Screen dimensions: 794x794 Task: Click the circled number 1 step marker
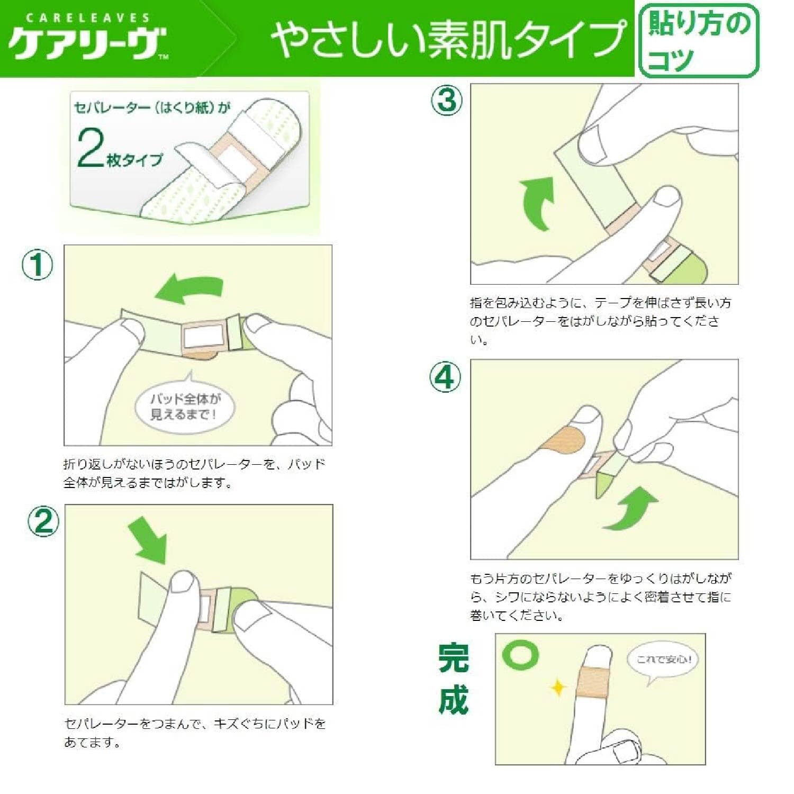pyautogui.click(x=38, y=265)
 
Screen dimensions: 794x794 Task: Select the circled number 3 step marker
pyautogui.click(x=447, y=101)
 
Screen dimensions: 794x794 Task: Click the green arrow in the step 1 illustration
pyautogui.click(x=189, y=289)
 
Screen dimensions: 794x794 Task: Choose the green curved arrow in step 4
pyautogui.click(x=631, y=509)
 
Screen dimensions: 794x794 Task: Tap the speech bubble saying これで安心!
pyautogui.click(x=663, y=662)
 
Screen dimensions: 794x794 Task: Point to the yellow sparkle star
pyautogui.click(x=558, y=688)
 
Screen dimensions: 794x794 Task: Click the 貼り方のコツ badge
pyautogui.click(x=699, y=41)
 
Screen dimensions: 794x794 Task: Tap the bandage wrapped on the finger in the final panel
pyautogui.click(x=593, y=683)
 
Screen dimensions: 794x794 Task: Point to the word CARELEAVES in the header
pyautogui.click(x=87, y=18)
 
